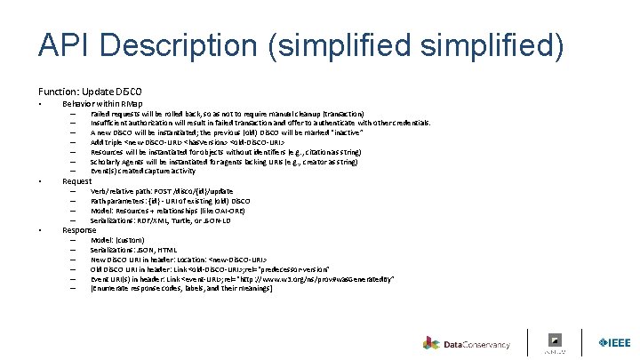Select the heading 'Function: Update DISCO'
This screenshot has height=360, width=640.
pyautogui.click(x=89, y=92)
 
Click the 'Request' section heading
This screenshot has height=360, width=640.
pyautogui.click(x=78, y=180)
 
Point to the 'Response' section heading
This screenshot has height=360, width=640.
pyautogui.click(x=80, y=229)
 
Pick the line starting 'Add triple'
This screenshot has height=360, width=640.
pyautogui.click(x=187, y=142)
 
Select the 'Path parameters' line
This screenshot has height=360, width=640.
pyautogui.click(x=170, y=201)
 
